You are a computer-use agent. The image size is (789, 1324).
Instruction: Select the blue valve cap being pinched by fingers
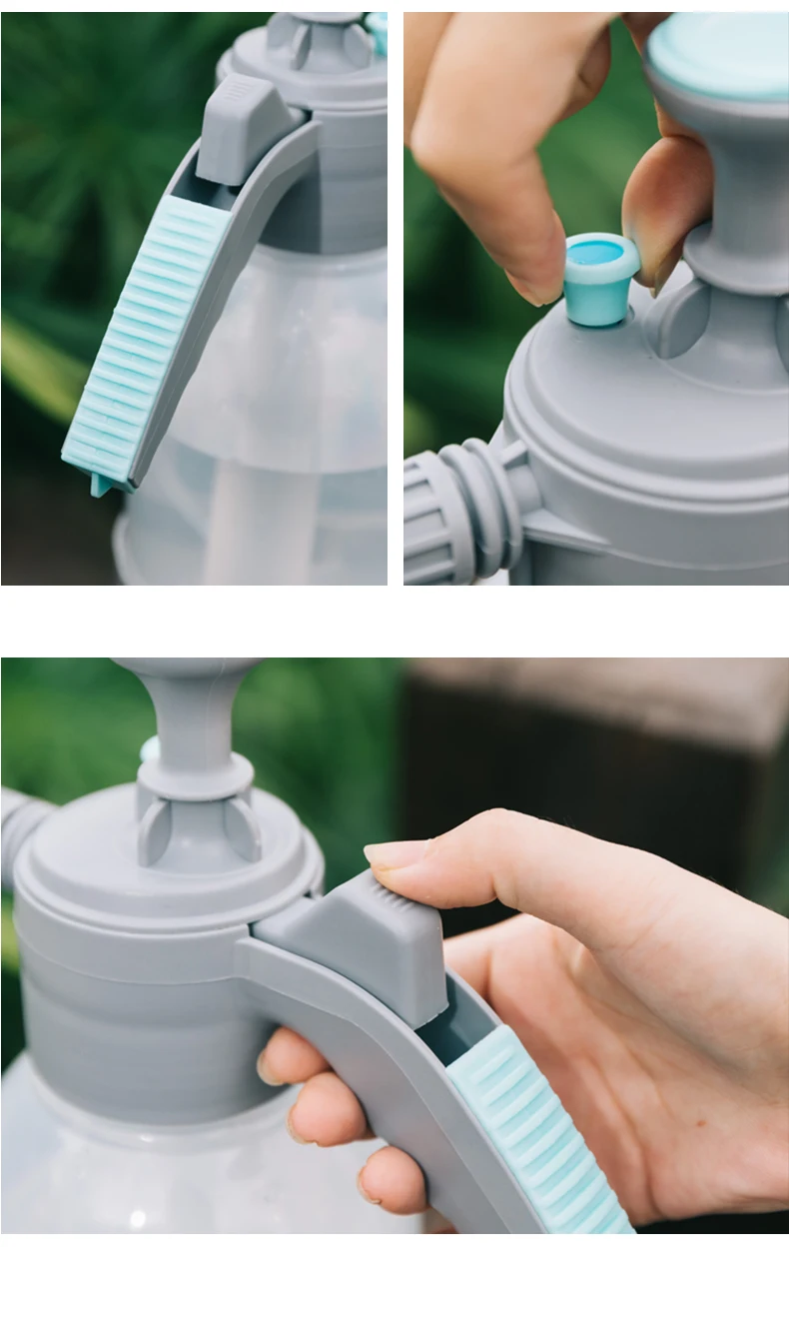(600, 279)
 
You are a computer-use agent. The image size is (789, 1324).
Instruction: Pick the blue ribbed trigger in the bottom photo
(539, 1139)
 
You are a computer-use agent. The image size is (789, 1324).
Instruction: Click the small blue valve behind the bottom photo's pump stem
(149, 749)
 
